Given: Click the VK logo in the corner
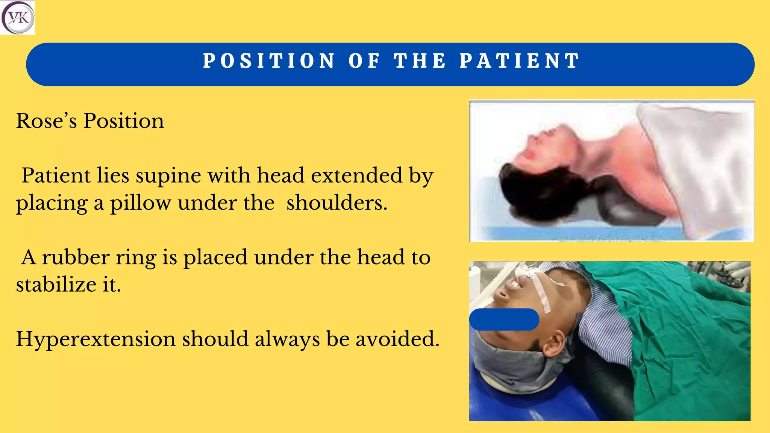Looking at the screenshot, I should pyautogui.click(x=18, y=18).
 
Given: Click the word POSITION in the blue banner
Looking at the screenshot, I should pyautogui.click(x=269, y=61).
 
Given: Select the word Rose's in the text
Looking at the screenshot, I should pyautogui.click(x=46, y=121).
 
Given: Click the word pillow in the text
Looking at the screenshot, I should pyautogui.click(x=140, y=203).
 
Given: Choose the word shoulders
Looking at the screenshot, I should pyautogui.click(x=336, y=203).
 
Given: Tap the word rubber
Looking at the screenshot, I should pyautogui.click(x=76, y=258).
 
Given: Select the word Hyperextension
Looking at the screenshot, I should pyautogui.click(x=95, y=339).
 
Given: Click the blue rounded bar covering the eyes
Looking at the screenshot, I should pyautogui.click(x=504, y=319).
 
